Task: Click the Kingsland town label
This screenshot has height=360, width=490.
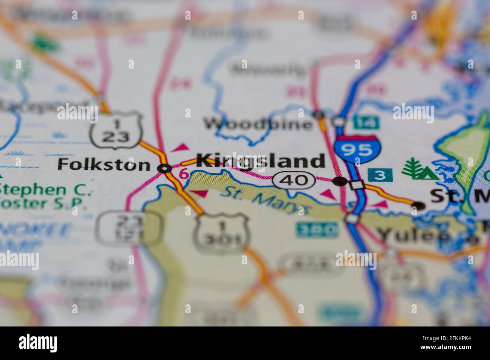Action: (x=260, y=161)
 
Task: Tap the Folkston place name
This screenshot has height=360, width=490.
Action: (x=104, y=165)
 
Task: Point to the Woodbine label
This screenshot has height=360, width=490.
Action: (x=258, y=124)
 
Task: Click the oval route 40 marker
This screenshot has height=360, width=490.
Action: (x=294, y=180)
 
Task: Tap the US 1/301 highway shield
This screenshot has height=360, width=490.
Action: (x=222, y=233)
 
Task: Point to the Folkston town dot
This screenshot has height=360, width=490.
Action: (x=164, y=169)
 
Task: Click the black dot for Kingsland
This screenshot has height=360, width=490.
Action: (x=340, y=181)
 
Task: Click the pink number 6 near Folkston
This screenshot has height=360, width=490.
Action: (x=184, y=174)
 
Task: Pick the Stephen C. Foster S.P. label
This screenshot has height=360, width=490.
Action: (x=45, y=197)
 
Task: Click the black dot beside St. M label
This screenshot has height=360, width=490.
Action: (x=417, y=206)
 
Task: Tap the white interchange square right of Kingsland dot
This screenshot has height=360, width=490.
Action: (x=357, y=185)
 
